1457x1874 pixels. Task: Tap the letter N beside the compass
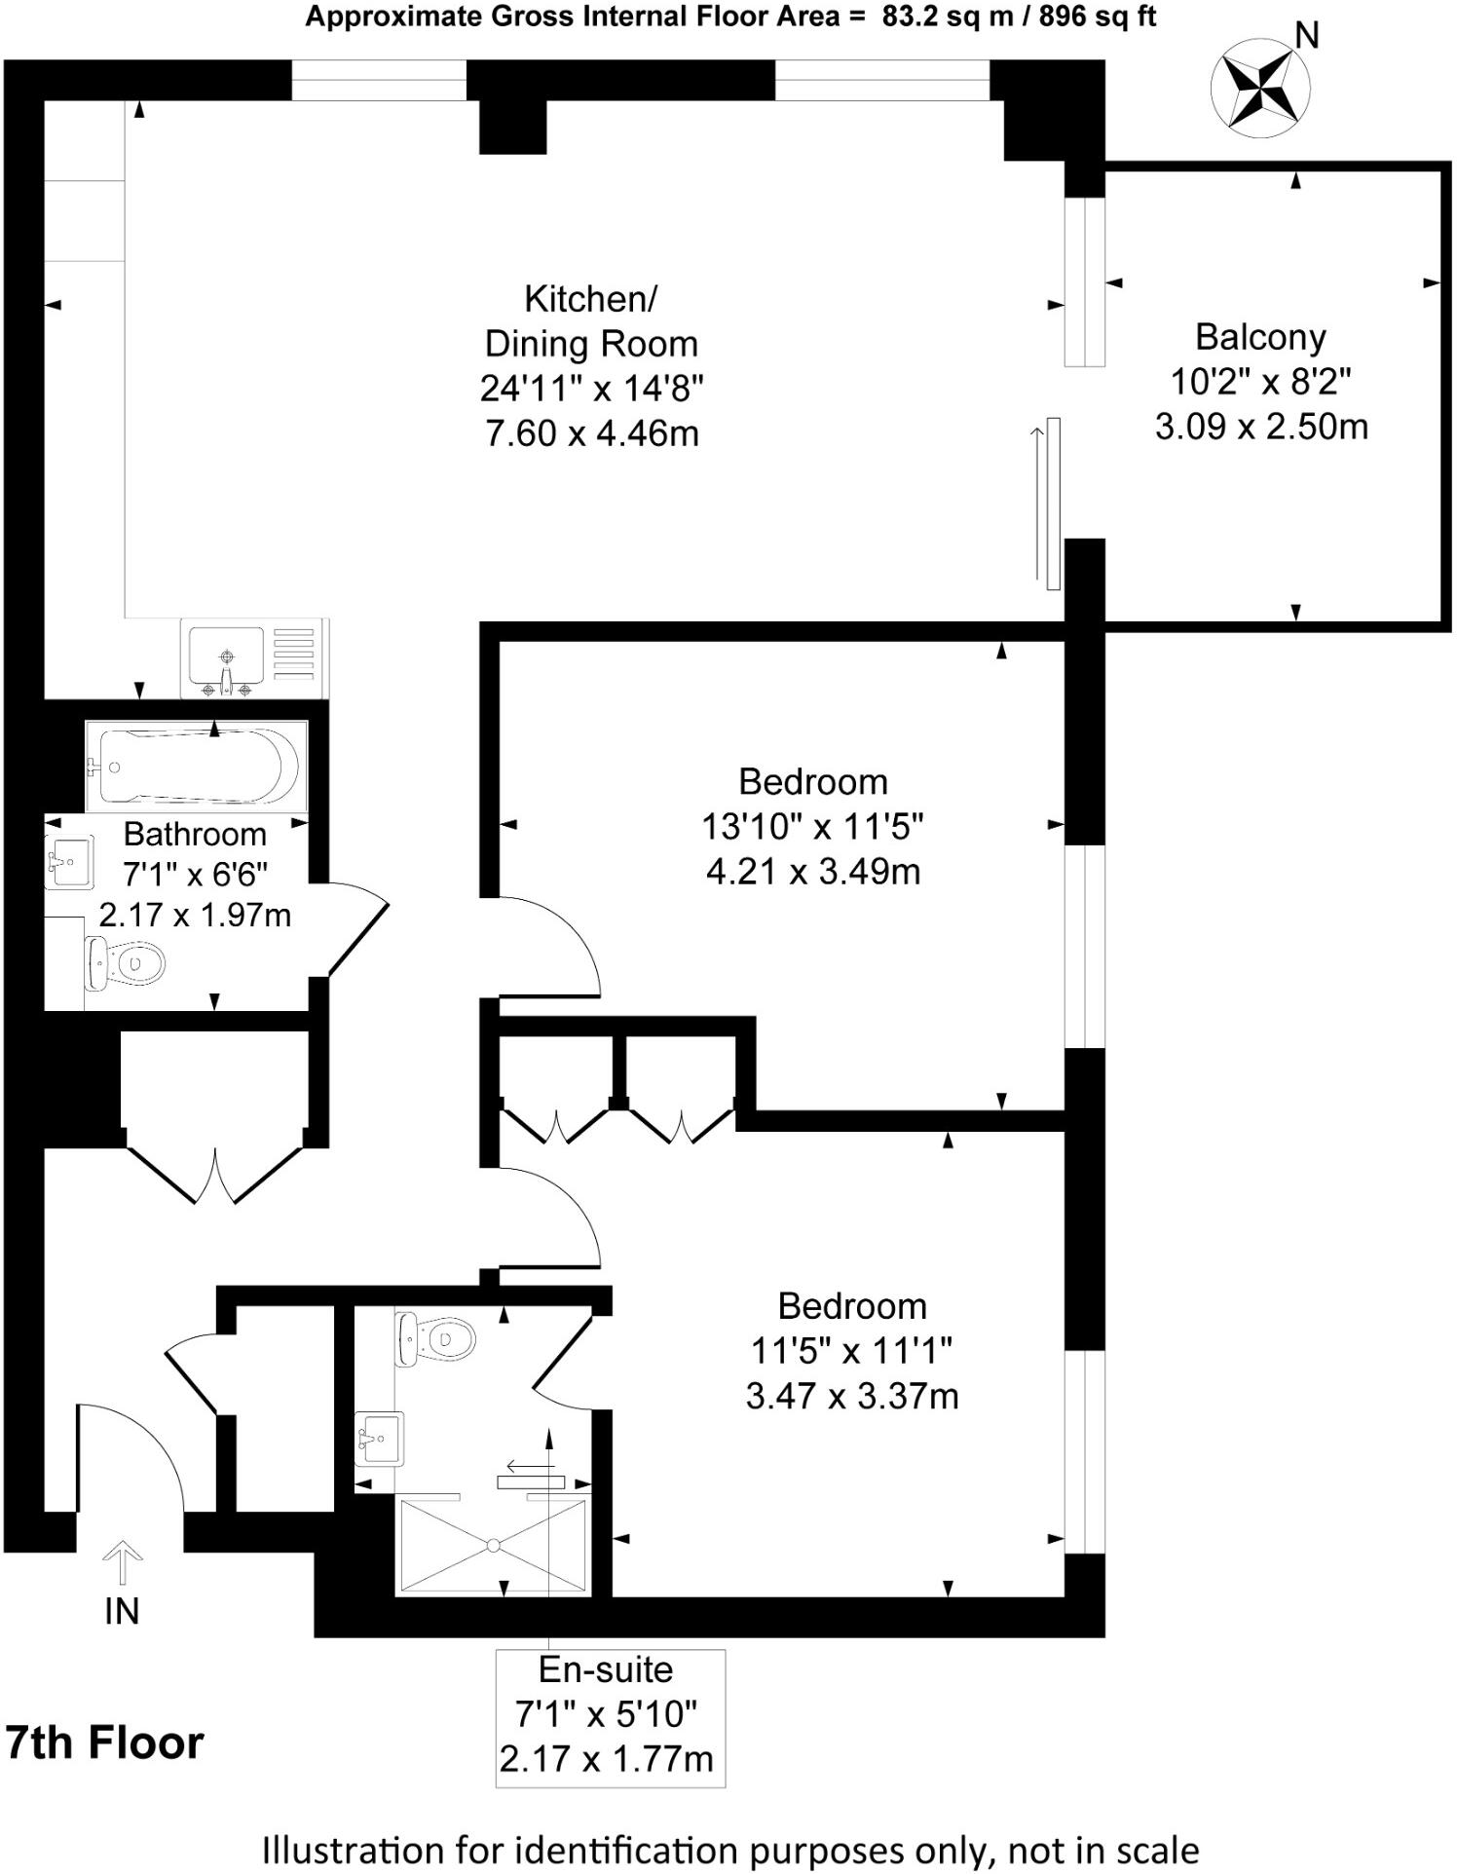pos(1307,36)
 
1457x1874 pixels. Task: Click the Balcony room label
pos(1260,337)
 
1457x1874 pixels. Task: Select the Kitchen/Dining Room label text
pos(591,321)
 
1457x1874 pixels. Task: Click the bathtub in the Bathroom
pos(197,767)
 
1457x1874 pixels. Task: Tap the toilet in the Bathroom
pos(125,962)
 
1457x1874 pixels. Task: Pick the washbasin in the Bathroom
pos(69,862)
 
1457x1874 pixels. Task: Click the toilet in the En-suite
pos(435,1337)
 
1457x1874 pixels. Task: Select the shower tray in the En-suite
pos(493,1545)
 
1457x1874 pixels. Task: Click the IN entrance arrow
pos(122,1563)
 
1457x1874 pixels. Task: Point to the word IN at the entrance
pos(122,1612)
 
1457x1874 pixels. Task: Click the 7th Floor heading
pos(105,1743)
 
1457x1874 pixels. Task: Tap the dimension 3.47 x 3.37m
pos(852,1396)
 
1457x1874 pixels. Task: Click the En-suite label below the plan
pos(606,1669)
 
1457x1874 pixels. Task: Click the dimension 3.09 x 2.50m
pos(1261,427)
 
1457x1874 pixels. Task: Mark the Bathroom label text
pos(195,834)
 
